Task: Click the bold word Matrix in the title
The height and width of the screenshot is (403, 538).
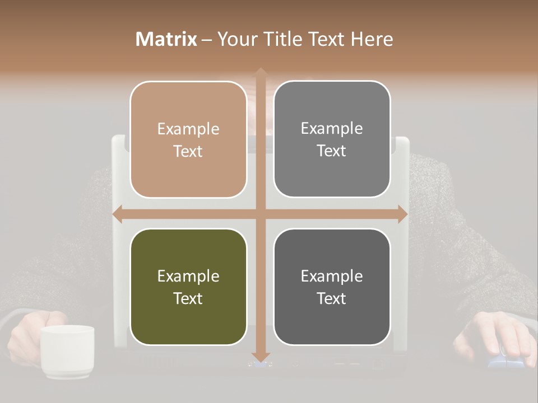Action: pyautogui.click(x=166, y=39)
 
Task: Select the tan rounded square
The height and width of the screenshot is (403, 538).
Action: pyautogui.click(x=188, y=139)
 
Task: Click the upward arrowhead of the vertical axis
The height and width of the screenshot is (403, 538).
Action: pyautogui.click(x=260, y=72)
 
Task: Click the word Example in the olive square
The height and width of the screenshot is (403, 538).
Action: pyautogui.click(x=188, y=277)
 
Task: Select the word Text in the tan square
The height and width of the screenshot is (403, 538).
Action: pyautogui.click(x=188, y=151)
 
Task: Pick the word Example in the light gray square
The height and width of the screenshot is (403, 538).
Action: pyautogui.click(x=332, y=129)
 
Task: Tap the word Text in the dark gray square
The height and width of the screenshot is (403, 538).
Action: pyautogui.click(x=332, y=298)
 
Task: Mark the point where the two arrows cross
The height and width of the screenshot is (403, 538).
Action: pyautogui.click(x=260, y=214)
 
